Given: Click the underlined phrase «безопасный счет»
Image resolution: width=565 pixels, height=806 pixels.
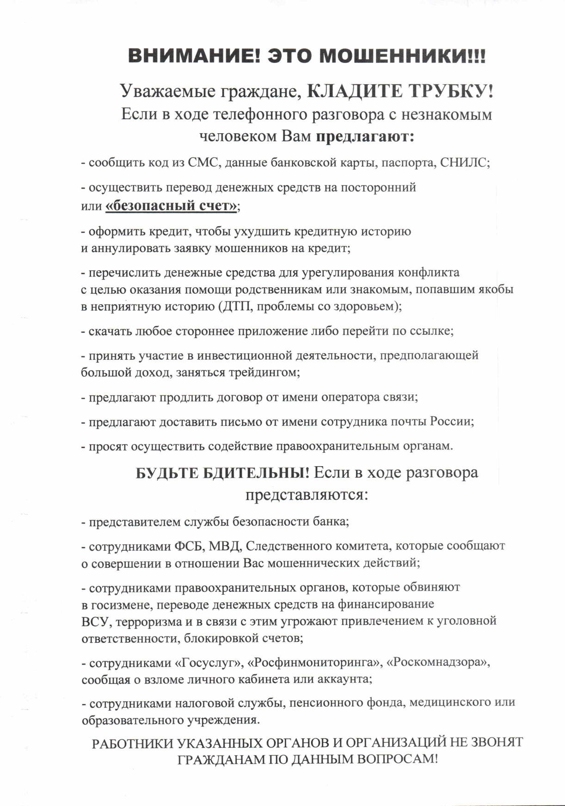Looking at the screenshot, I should click(x=172, y=205).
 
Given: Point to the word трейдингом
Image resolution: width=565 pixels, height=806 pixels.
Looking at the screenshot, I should click(x=264, y=372).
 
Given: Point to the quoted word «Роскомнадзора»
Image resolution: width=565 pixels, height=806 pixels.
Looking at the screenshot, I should click(x=437, y=663).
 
